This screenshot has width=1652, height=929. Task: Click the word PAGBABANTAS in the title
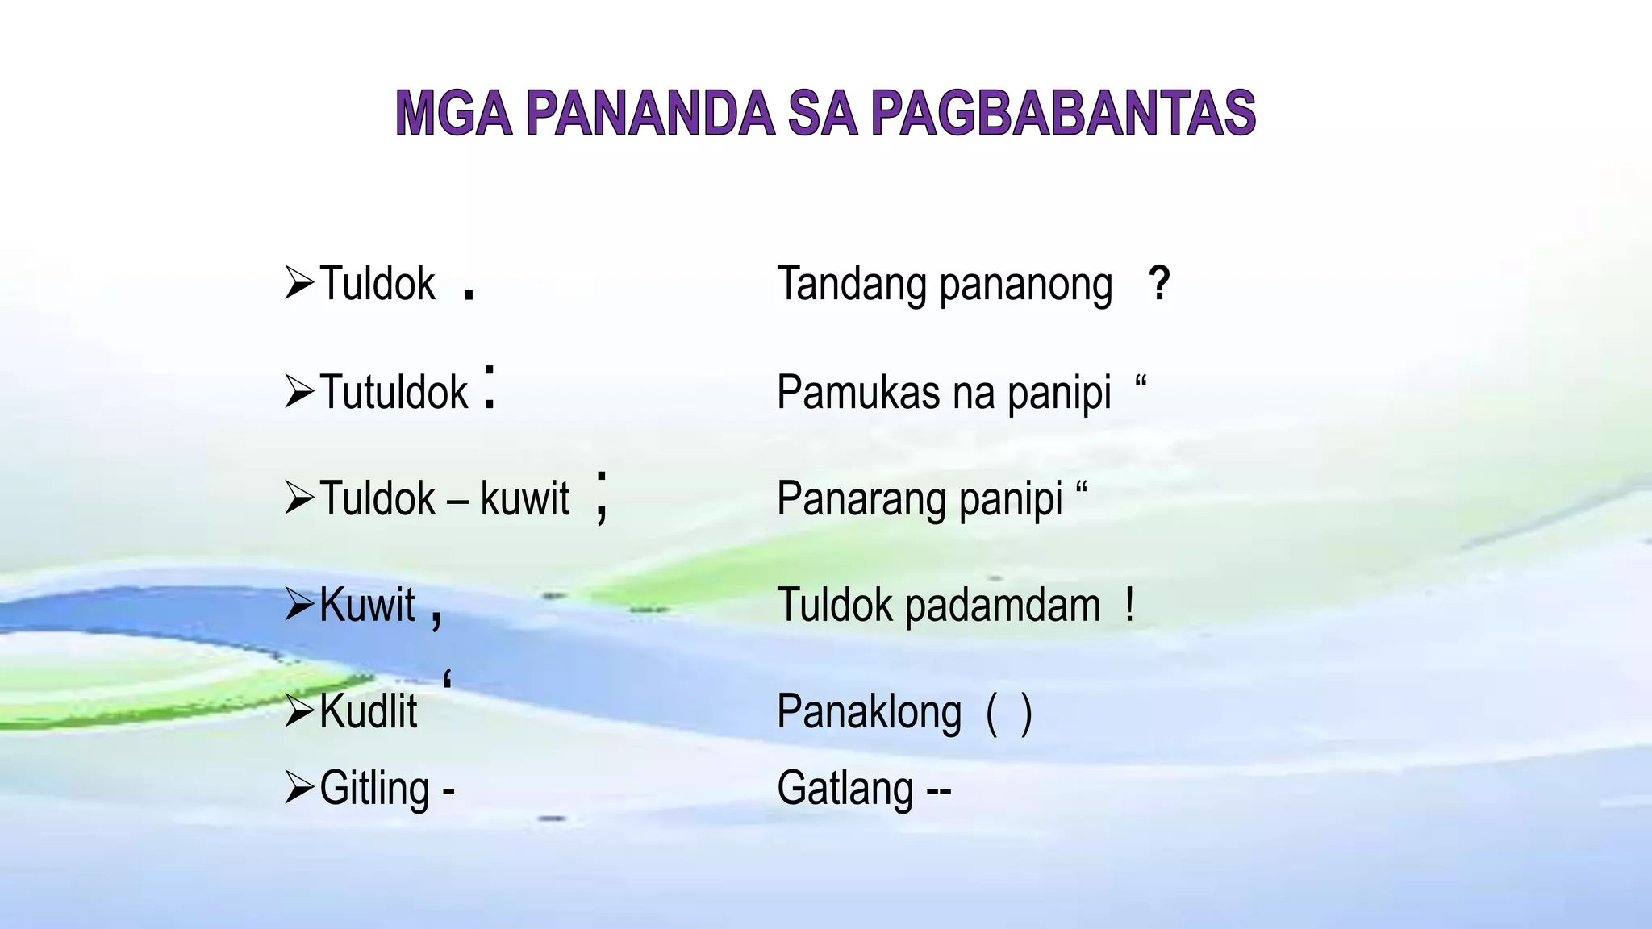[x=1063, y=113]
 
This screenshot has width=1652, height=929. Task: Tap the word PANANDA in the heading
[x=650, y=113]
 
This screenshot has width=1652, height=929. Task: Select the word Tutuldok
[x=394, y=392]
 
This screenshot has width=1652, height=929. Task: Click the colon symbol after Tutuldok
[x=490, y=388]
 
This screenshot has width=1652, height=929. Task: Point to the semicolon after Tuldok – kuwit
[x=601, y=498]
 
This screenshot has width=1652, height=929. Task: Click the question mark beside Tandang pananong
[x=1159, y=284]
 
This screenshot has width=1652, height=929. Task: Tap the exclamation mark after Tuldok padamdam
[x=1129, y=605]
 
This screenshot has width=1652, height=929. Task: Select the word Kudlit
[x=368, y=711]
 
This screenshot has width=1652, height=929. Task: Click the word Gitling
[x=374, y=788]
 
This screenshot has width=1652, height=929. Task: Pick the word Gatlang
[x=845, y=788]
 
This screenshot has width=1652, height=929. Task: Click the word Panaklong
[x=869, y=712]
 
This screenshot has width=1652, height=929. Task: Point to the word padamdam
[x=1003, y=606]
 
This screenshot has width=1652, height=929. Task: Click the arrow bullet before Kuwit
[x=299, y=605]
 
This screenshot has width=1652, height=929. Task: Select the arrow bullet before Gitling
[x=299, y=788]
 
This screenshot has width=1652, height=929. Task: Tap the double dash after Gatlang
[x=939, y=790]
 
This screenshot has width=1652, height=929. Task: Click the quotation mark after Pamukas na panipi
[x=1141, y=381]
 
